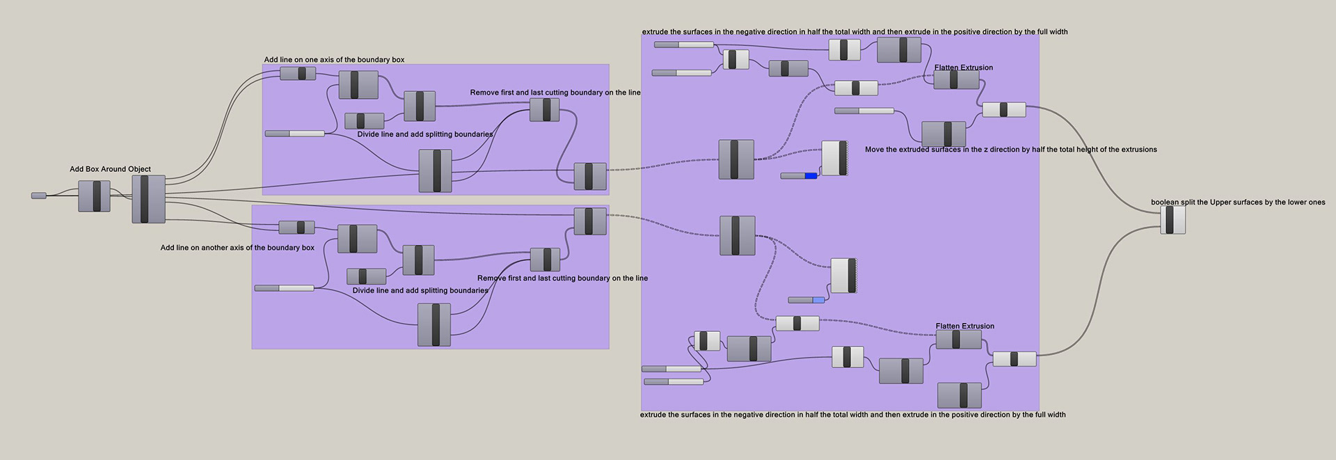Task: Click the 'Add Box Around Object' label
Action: [110, 169]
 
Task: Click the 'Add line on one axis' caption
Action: [334, 60]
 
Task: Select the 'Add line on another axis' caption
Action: [237, 248]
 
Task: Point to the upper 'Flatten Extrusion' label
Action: [964, 68]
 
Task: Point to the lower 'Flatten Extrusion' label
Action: [964, 326]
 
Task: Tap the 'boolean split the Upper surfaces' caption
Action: [1238, 203]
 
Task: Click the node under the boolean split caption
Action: [1172, 220]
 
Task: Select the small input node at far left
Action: [39, 196]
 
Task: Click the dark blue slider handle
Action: [811, 175]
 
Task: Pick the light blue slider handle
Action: [818, 300]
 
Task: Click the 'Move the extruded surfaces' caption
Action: [1010, 150]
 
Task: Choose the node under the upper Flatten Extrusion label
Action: [956, 80]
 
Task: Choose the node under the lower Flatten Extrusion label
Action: [958, 340]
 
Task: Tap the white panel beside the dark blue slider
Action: [834, 158]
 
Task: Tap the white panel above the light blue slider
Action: [843, 276]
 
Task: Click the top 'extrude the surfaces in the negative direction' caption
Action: [854, 32]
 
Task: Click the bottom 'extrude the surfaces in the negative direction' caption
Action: [852, 415]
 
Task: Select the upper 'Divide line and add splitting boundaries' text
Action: [424, 134]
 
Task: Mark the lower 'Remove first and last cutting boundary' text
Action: [562, 278]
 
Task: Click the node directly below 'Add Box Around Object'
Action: [94, 196]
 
